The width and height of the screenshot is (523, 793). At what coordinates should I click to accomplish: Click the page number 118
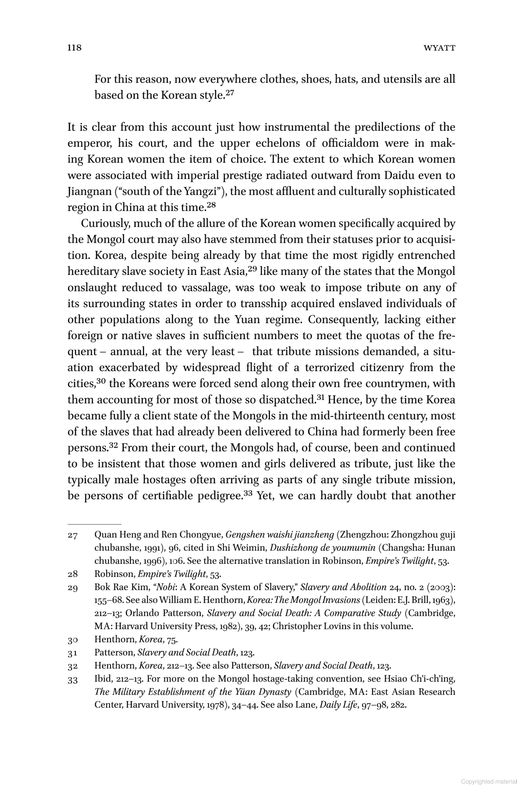tap(74, 48)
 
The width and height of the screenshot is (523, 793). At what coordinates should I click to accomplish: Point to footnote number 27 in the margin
tap(73, 535)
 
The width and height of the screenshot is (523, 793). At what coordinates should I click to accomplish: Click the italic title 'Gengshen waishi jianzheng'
tap(280, 535)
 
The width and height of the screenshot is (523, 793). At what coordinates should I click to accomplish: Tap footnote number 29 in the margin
tap(73, 587)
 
